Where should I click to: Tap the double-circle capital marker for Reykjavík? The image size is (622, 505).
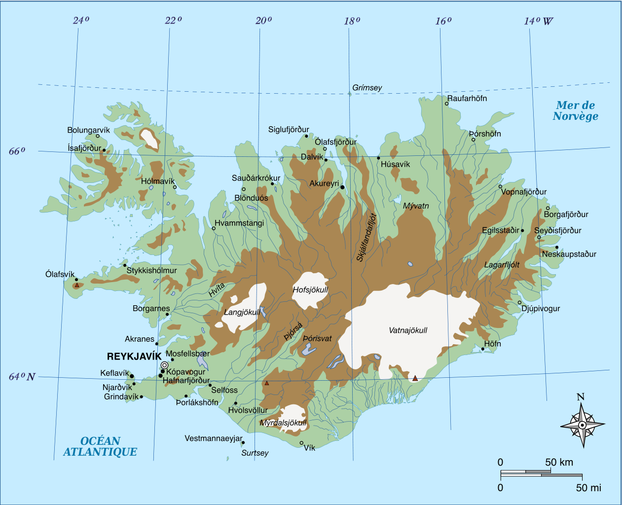click(164, 365)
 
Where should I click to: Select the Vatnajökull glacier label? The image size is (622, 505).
click(408, 330)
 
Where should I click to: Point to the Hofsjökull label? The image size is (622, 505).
click(310, 290)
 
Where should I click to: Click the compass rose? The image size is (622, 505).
click(582, 425)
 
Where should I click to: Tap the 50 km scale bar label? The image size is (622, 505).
click(559, 463)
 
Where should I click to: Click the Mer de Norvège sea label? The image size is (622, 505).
click(575, 111)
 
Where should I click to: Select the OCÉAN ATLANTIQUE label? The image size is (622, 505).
click(100, 446)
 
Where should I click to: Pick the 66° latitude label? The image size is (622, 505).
click(17, 151)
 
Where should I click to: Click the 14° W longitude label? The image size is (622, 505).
click(538, 21)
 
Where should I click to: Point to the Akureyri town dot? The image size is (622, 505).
click(342, 187)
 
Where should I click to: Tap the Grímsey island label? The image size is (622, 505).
click(367, 88)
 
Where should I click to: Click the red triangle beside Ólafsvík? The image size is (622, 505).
click(77, 285)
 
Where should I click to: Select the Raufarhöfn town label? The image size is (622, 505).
click(467, 99)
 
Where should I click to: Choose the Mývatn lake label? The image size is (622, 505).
click(416, 206)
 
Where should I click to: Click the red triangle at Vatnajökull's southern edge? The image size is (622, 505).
click(415, 378)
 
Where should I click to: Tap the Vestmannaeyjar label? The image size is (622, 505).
click(214, 438)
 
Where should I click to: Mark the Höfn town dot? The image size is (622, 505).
click(483, 349)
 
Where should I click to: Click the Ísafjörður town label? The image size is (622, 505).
click(84, 148)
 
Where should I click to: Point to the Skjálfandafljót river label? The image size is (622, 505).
click(366, 237)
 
